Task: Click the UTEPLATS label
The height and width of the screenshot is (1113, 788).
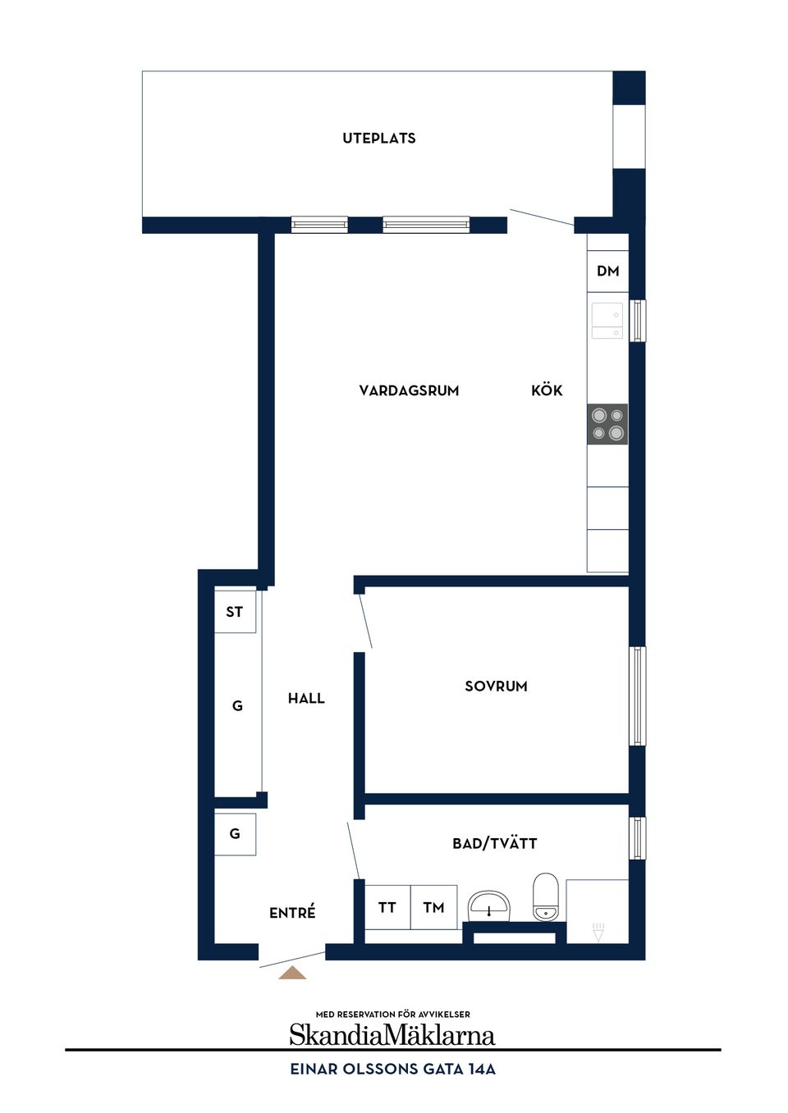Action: coord(379,138)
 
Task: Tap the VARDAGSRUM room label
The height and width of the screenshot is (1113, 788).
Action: coord(409,390)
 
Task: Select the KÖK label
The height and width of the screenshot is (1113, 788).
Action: coord(547,390)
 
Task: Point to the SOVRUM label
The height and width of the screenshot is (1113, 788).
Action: coord(496,687)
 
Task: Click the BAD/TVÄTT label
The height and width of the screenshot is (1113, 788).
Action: coord(495,843)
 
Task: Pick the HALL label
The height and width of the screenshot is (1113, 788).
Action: coord(306,699)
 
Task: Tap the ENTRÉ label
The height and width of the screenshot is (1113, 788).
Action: coord(292,912)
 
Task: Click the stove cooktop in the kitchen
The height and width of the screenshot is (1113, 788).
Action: coord(607,424)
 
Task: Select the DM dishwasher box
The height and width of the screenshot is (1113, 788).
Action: coord(607,271)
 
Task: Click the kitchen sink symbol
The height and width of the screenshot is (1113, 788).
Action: coord(607,321)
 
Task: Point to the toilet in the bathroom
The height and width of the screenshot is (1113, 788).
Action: coord(546,896)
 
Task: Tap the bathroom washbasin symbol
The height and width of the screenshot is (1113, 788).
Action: coord(488,906)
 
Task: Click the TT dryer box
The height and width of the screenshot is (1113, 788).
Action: coord(387,907)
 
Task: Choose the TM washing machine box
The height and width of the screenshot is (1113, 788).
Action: coord(434,907)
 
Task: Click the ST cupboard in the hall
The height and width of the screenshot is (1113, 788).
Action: coord(235,612)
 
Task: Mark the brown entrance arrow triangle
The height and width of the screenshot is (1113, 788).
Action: coord(292,973)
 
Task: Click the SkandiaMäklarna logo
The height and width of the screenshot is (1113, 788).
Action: coord(392,1034)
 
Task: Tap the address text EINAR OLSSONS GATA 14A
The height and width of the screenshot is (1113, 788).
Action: coord(392,1070)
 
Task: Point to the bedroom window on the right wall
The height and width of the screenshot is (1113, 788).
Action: coord(637,696)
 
